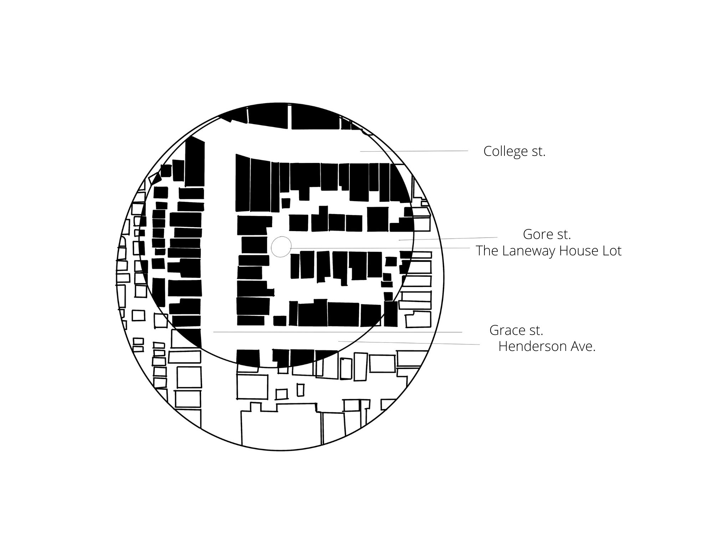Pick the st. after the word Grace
536,331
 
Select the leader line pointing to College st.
414,151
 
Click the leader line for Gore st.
448,239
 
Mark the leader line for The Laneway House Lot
380,248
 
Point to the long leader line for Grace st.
338,332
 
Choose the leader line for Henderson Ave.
409,343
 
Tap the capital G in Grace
494,330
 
